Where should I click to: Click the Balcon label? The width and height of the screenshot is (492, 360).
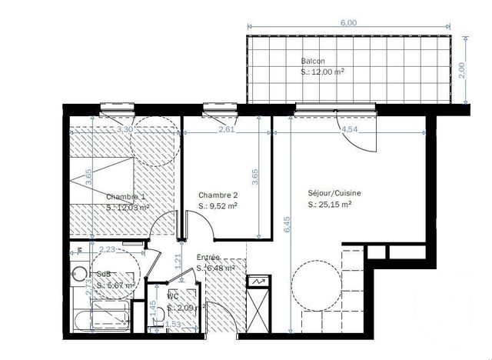tap(313, 61)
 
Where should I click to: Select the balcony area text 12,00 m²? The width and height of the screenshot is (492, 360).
tap(322, 72)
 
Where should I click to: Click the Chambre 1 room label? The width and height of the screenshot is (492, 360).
tap(125, 196)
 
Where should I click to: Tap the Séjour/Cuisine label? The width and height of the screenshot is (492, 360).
tap(334, 194)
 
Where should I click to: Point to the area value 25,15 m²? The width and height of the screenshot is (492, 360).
tap(330, 205)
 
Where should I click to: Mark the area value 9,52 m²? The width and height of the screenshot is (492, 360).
tap(218, 206)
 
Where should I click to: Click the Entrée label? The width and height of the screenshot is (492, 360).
tap(208, 258)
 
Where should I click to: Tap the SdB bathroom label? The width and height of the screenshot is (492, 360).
tap(102, 273)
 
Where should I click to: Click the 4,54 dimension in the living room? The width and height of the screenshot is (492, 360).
tap(351, 129)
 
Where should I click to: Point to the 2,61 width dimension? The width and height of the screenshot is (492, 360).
tap(226, 129)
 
